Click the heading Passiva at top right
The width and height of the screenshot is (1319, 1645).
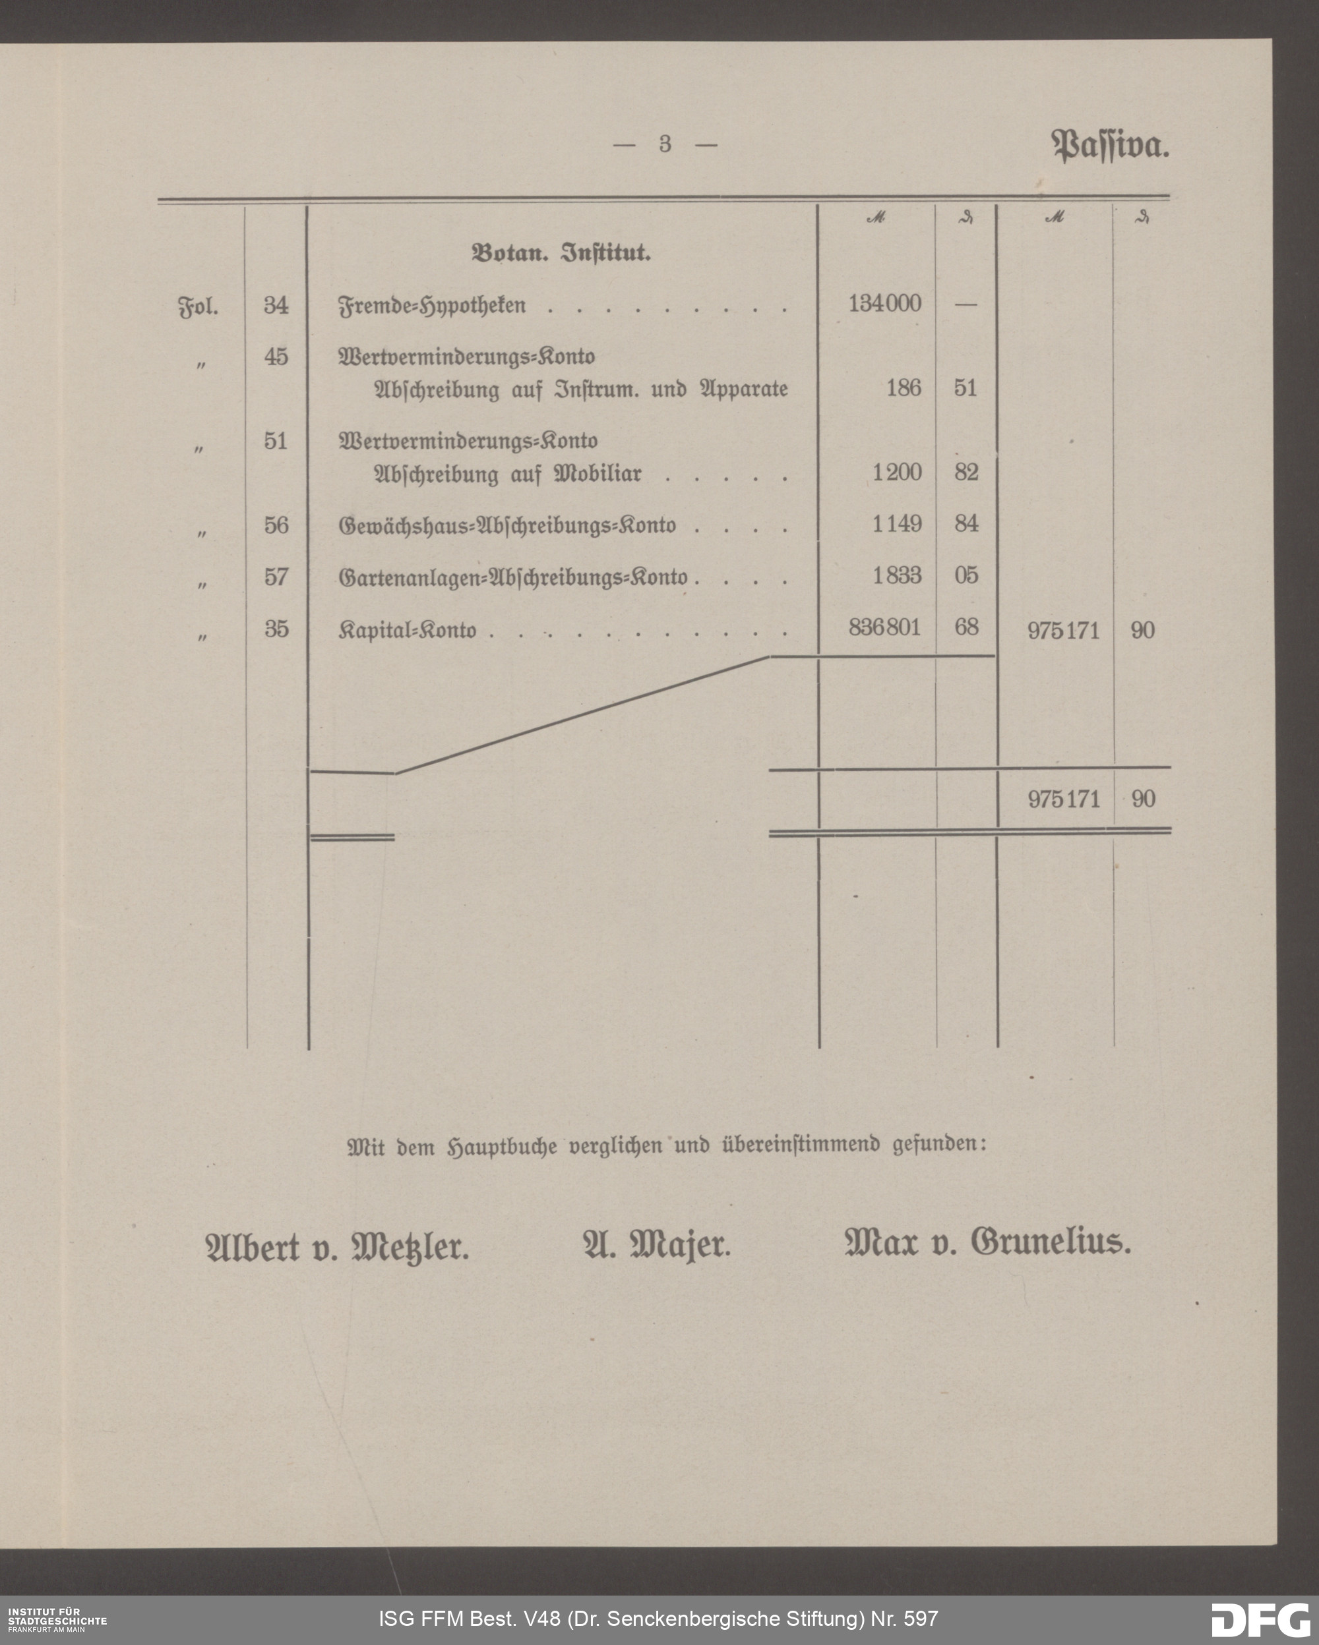point(1110,145)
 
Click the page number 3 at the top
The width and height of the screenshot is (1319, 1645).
point(665,144)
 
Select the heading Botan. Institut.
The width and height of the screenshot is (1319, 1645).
point(561,253)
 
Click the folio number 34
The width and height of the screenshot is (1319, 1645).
point(276,305)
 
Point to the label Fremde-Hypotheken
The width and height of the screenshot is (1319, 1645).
point(432,306)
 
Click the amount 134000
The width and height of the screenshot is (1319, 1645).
point(884,304)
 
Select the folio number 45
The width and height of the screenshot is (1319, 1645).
point(276,357)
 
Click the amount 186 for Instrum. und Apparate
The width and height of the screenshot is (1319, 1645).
point(903,388)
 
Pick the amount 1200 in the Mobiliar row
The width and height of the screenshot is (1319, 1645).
point(897,473)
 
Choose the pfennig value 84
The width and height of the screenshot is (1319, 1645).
point(966,524)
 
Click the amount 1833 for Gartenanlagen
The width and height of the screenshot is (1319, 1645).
point(897,575)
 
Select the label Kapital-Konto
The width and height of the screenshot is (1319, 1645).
point(407,631)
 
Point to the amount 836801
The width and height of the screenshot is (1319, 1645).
point(884,627)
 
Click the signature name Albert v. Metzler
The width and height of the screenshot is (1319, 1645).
point(338,1248)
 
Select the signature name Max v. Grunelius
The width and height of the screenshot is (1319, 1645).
point(988,1244)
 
